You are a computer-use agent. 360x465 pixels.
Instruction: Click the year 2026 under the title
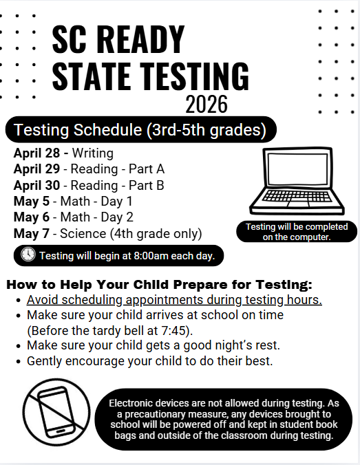coord(207,105)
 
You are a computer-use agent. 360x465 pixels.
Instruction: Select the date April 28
coord(38,153)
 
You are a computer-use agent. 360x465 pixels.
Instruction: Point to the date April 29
coord(38,169)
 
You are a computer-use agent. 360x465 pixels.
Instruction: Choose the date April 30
coord(38,185)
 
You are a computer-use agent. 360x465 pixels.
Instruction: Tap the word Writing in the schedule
coord(92,153)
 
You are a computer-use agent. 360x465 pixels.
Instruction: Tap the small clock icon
coord(28,255)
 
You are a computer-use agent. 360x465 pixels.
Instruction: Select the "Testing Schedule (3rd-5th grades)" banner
coord(140,129)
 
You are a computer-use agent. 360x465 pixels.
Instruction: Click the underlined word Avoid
coord(42,300)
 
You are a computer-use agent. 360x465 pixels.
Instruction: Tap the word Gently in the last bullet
coord(46,360)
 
